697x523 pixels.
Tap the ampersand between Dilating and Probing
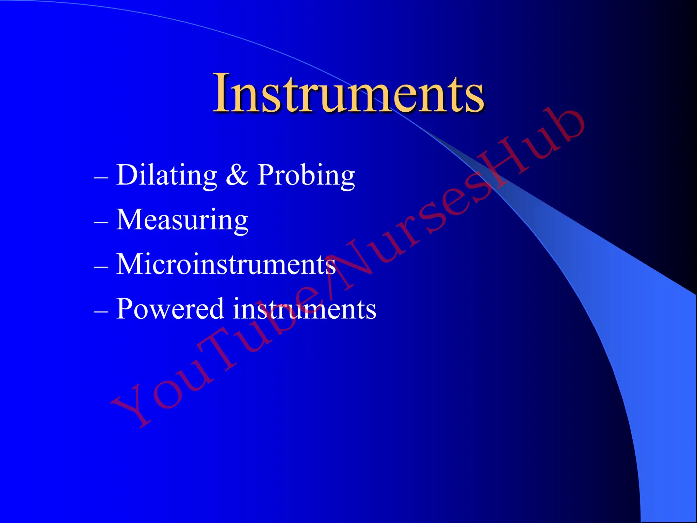(x=237, y=175)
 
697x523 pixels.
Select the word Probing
(x=306, y=175)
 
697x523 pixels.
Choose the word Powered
(x=170, y=309)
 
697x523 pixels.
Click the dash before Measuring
(x=101, y=222)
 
